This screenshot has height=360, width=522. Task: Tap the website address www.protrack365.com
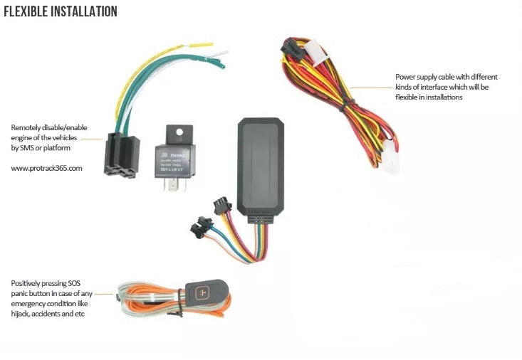[x=47, y=169]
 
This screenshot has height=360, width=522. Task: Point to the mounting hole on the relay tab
[x=182, y=132]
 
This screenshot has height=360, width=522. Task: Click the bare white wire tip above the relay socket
[x=221, y=53]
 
